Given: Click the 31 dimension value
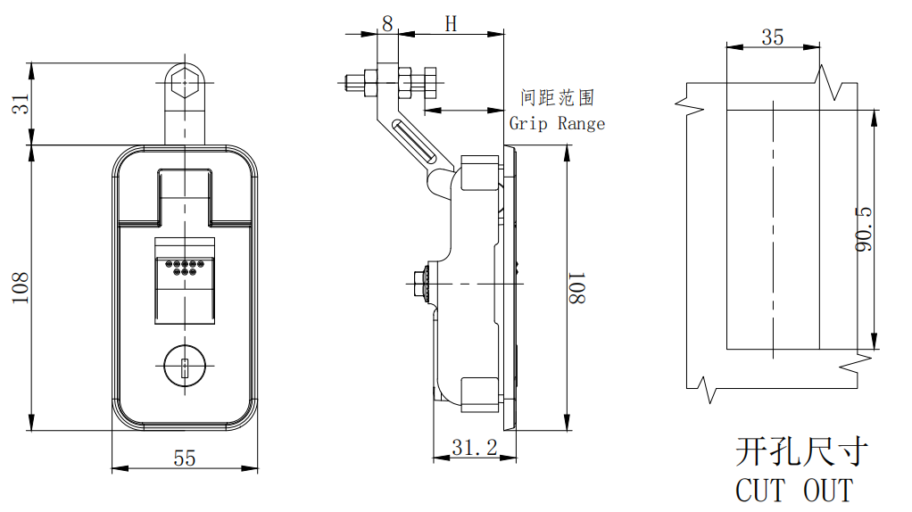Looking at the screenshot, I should point(21,103).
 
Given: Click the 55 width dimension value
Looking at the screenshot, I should point(184,458).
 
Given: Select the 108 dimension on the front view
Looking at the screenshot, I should point(21,287).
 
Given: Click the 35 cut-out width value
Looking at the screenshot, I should point(773,37).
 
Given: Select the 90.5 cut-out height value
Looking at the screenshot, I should point(863,229).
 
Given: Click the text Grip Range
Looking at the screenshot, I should point(557,124).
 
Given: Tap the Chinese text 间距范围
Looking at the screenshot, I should point(557,97).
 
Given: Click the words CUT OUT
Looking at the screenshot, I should point(793,490).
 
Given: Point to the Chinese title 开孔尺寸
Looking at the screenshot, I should point(800,452).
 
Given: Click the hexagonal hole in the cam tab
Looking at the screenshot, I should point(185,81).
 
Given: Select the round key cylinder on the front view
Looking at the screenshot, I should point(185,367).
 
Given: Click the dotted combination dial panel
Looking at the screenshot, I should point(185,268).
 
